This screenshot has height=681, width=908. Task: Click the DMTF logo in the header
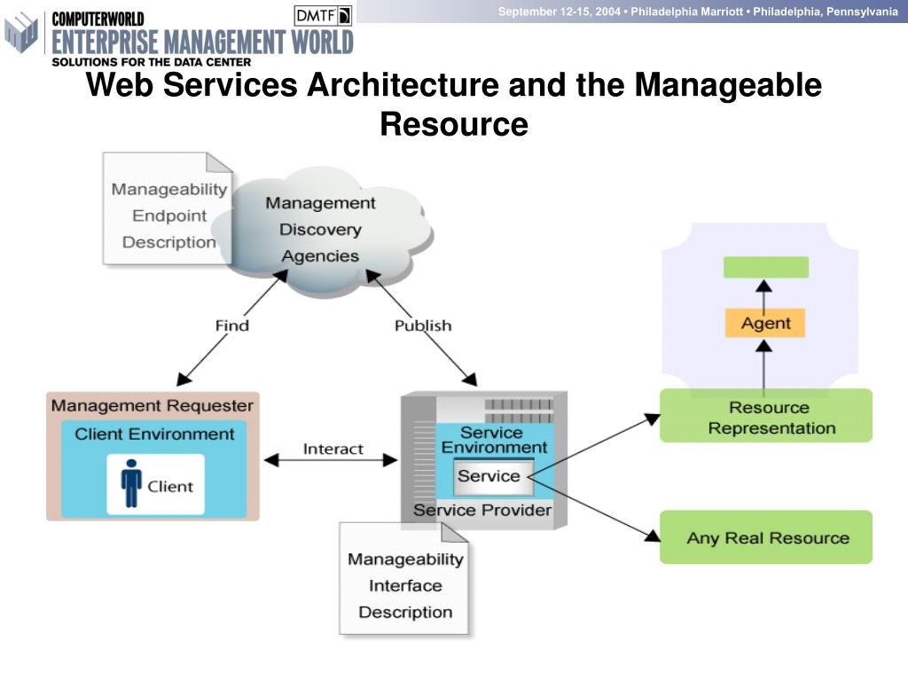coord(323,15)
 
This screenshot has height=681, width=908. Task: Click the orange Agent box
coord(765,323)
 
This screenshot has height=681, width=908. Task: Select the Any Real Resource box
coord(766,537)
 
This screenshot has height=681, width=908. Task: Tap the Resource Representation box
coord(766,417)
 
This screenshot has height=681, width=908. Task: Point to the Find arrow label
coord(232,325)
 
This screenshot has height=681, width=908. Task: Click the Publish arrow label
coord(423,325)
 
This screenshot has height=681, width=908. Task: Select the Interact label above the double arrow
coord(333,449)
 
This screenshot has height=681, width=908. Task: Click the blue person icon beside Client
coord(131,484)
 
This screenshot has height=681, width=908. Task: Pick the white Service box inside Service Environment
coord(489,476)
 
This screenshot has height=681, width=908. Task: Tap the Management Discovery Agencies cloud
coord(320,230)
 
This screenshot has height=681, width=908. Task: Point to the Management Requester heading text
coord(153,406)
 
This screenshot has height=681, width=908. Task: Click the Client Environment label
coord(155,434)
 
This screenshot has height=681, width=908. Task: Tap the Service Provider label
coord(482,510)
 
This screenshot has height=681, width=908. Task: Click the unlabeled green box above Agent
coord(766,267)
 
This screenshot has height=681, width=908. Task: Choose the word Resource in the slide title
coord(454,124)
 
